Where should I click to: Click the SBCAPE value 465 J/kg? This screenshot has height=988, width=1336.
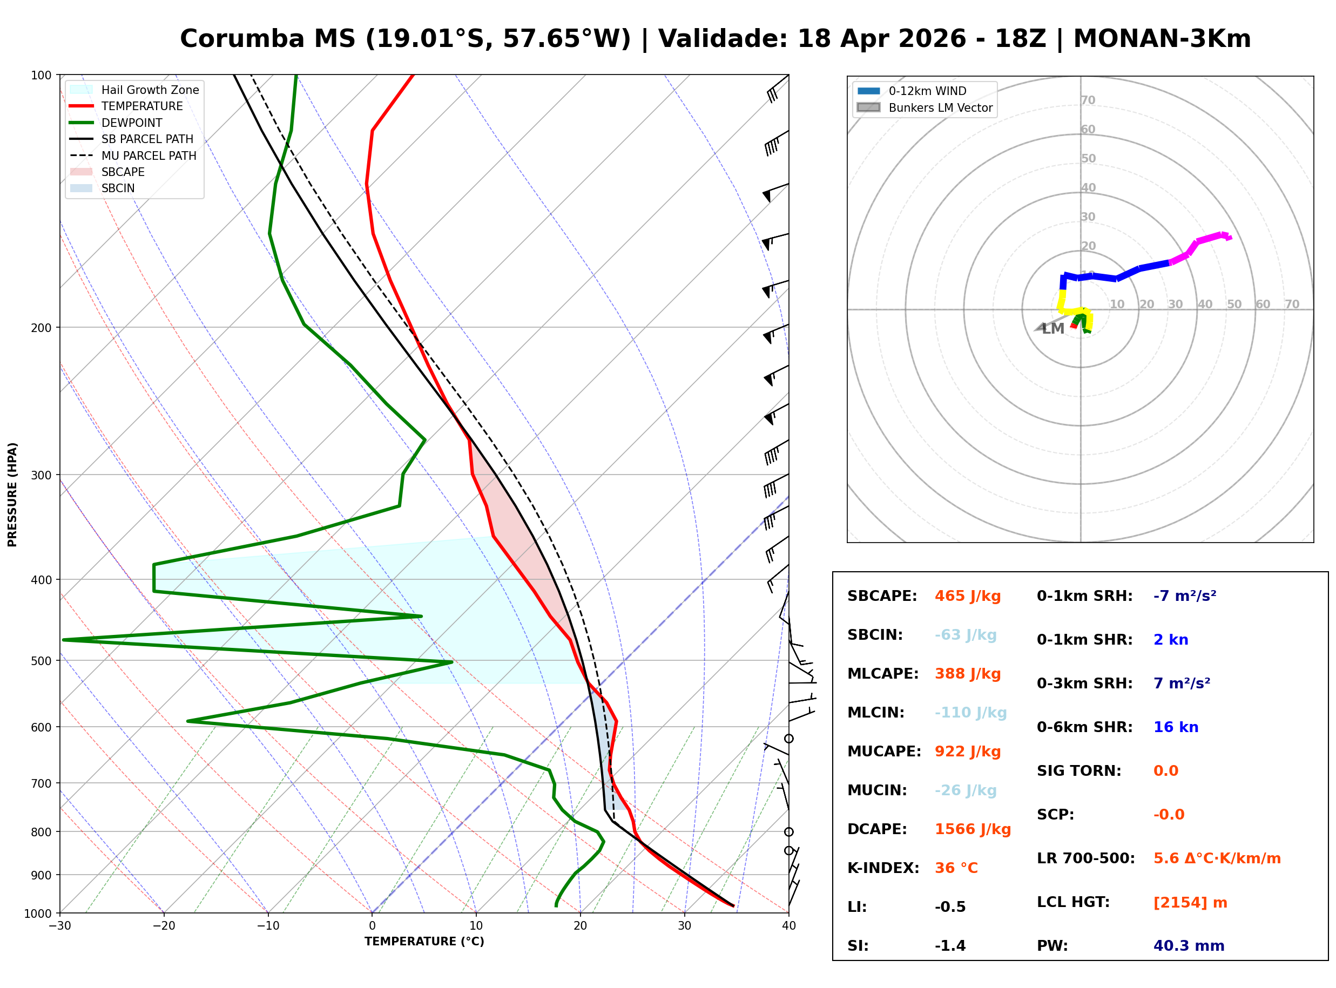pos(967,596)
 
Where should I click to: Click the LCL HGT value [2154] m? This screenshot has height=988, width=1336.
pos(1190,903)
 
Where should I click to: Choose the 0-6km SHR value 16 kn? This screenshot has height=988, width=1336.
pos(1175,727)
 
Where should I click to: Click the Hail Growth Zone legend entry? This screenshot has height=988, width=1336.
pos(150,90)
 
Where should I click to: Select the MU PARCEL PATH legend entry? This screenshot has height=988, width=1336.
pos(149,155)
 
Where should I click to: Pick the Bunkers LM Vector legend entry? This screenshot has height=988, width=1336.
pos(940,107)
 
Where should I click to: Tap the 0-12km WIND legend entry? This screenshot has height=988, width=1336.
pos(927,91)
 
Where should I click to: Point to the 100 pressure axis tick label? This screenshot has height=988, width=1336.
pos(41,76)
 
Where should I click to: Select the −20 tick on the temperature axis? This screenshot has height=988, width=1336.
pos(163,926)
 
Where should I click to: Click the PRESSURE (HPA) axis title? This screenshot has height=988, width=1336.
pos(12,495)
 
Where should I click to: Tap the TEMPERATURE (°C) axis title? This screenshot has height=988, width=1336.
pos(424,942)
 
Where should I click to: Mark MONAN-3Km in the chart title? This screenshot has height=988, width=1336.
pos(1162,39)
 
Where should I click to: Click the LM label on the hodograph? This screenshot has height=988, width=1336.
pos(1052,329)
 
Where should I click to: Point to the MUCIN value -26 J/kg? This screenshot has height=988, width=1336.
pos(965,790)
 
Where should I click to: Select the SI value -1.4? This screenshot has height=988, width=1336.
pos(950,946)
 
